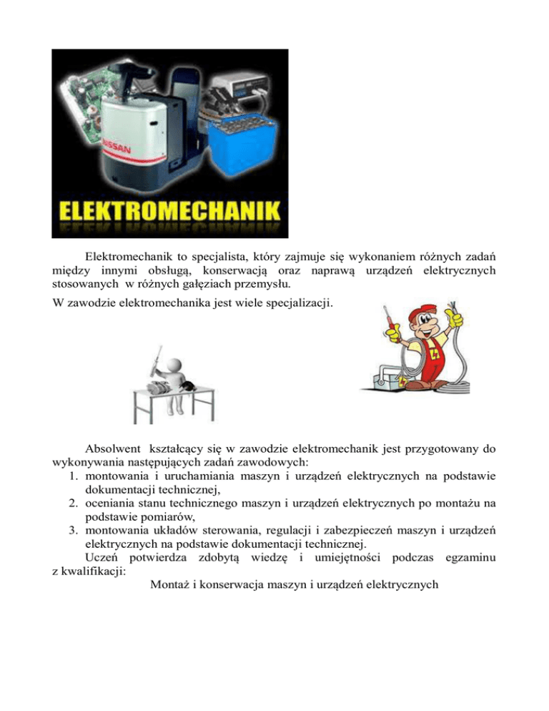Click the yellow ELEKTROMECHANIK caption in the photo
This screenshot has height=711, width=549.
(170, 211)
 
